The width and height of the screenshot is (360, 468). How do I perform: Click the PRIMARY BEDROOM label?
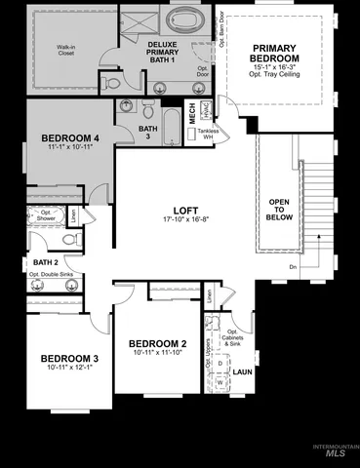click(x=280, y=54)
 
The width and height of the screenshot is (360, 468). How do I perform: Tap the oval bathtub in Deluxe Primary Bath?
click(x=185, y=19)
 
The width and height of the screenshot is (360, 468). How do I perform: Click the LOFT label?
click(x=186, y=210)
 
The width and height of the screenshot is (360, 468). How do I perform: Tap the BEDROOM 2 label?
click(x=157, y=343)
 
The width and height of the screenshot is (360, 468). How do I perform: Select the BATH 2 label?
click(x=46, y=262)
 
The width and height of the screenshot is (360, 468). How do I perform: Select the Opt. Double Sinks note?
click(x=51, y=274)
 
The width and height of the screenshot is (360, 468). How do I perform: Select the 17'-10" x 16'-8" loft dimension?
click(x=186, y=220)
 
